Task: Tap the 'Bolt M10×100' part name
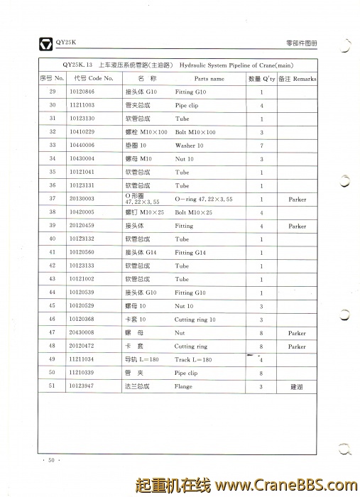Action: (x=195, y=132)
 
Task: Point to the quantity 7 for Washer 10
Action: (x=262, y=146)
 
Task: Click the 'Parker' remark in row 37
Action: (x=298, y=200)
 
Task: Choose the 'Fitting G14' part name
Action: (x=190, y=253)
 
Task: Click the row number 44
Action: (x=52, y=293)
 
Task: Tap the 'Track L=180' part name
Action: (x=193, y=360)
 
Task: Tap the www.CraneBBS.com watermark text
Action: (x=281, y=486)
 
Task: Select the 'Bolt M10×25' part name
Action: (x=194, y=212)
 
